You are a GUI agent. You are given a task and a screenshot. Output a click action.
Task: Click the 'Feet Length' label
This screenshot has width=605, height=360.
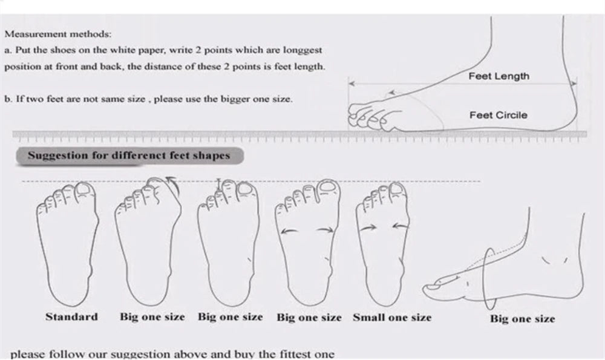pos(499,76)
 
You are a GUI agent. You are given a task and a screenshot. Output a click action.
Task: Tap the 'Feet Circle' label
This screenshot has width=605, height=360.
pos(498,115)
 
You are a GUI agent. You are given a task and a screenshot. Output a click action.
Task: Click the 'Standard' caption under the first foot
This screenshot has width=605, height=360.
pos(72,317)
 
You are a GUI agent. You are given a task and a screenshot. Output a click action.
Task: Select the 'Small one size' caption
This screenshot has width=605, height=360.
pos(392,318)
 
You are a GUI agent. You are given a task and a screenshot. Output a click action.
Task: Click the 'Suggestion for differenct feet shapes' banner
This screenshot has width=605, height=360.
pos(129,156)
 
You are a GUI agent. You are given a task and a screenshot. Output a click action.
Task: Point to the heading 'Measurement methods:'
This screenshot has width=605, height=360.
pos(58,34)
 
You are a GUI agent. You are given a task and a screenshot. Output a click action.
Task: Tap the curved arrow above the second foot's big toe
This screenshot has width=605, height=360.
pos(172,184)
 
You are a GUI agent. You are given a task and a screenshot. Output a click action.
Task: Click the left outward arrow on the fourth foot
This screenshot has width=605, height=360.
pos(289,231)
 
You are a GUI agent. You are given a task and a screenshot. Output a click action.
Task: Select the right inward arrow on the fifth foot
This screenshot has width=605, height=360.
pos(401,226)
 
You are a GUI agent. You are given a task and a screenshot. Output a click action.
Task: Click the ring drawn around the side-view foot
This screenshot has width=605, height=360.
pos(485,278)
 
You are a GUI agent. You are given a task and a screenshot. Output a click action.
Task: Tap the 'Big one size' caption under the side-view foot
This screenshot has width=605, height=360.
pos(523,319)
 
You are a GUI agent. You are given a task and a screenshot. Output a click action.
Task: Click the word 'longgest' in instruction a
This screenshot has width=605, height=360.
pos(302,50)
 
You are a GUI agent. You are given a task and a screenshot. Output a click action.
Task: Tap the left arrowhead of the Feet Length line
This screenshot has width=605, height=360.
pos(351,83)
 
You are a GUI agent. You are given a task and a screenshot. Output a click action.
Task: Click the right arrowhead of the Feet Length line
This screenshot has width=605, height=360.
pos(574,83)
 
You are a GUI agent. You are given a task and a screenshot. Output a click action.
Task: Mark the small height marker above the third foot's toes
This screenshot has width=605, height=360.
pos(219,184)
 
